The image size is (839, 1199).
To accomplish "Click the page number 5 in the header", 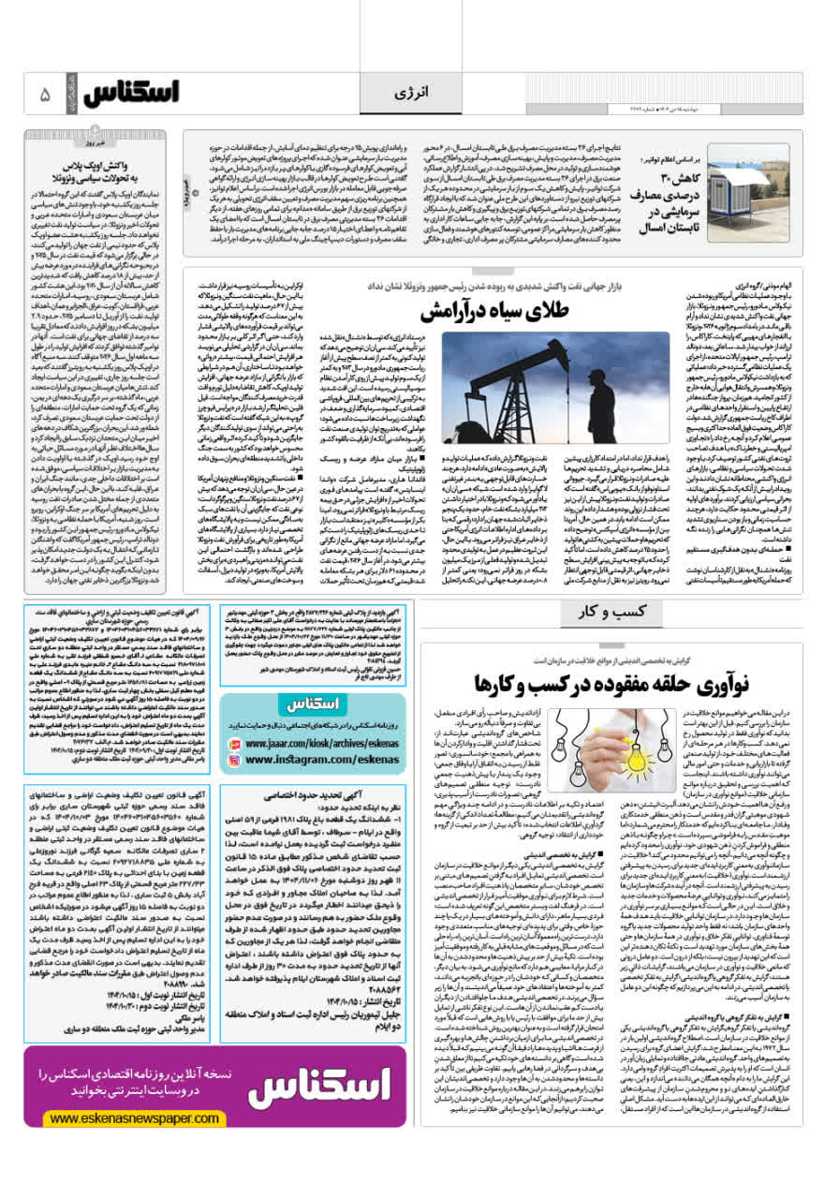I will pyautogui.click(x=45, y=95).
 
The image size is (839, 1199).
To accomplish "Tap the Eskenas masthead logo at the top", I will pyautogui.click(x=130, y=94).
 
